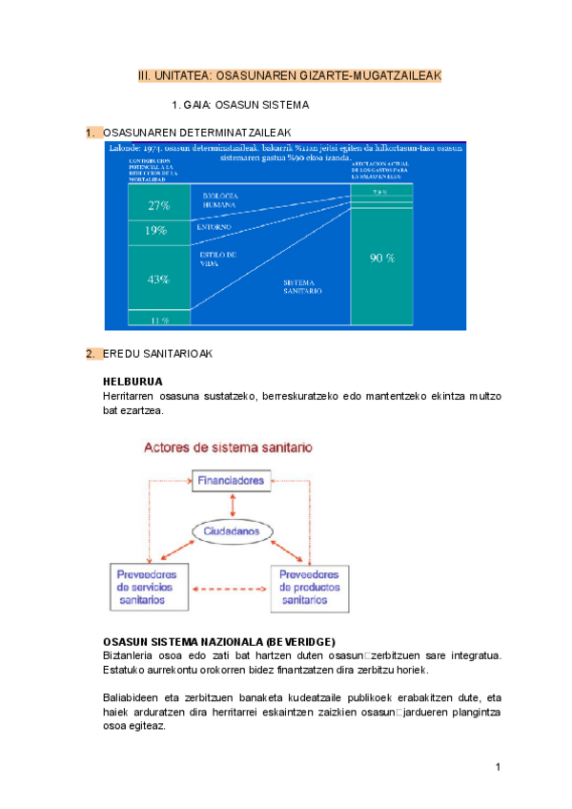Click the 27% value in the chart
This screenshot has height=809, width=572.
point(158,205)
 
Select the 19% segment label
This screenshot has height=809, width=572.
point(156,230)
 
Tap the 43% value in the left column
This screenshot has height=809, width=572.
point(158,280)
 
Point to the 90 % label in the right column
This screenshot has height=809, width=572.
point(382,258)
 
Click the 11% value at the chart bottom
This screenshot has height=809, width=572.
point(158,321)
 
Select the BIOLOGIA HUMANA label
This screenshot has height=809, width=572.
point(219,199)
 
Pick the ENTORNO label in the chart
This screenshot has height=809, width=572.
point(214,227)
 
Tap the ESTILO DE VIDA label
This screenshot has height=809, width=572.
point(217,259)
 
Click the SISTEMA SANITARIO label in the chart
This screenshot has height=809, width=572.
point(303,286)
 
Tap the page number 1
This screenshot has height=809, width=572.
point(498,767)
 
